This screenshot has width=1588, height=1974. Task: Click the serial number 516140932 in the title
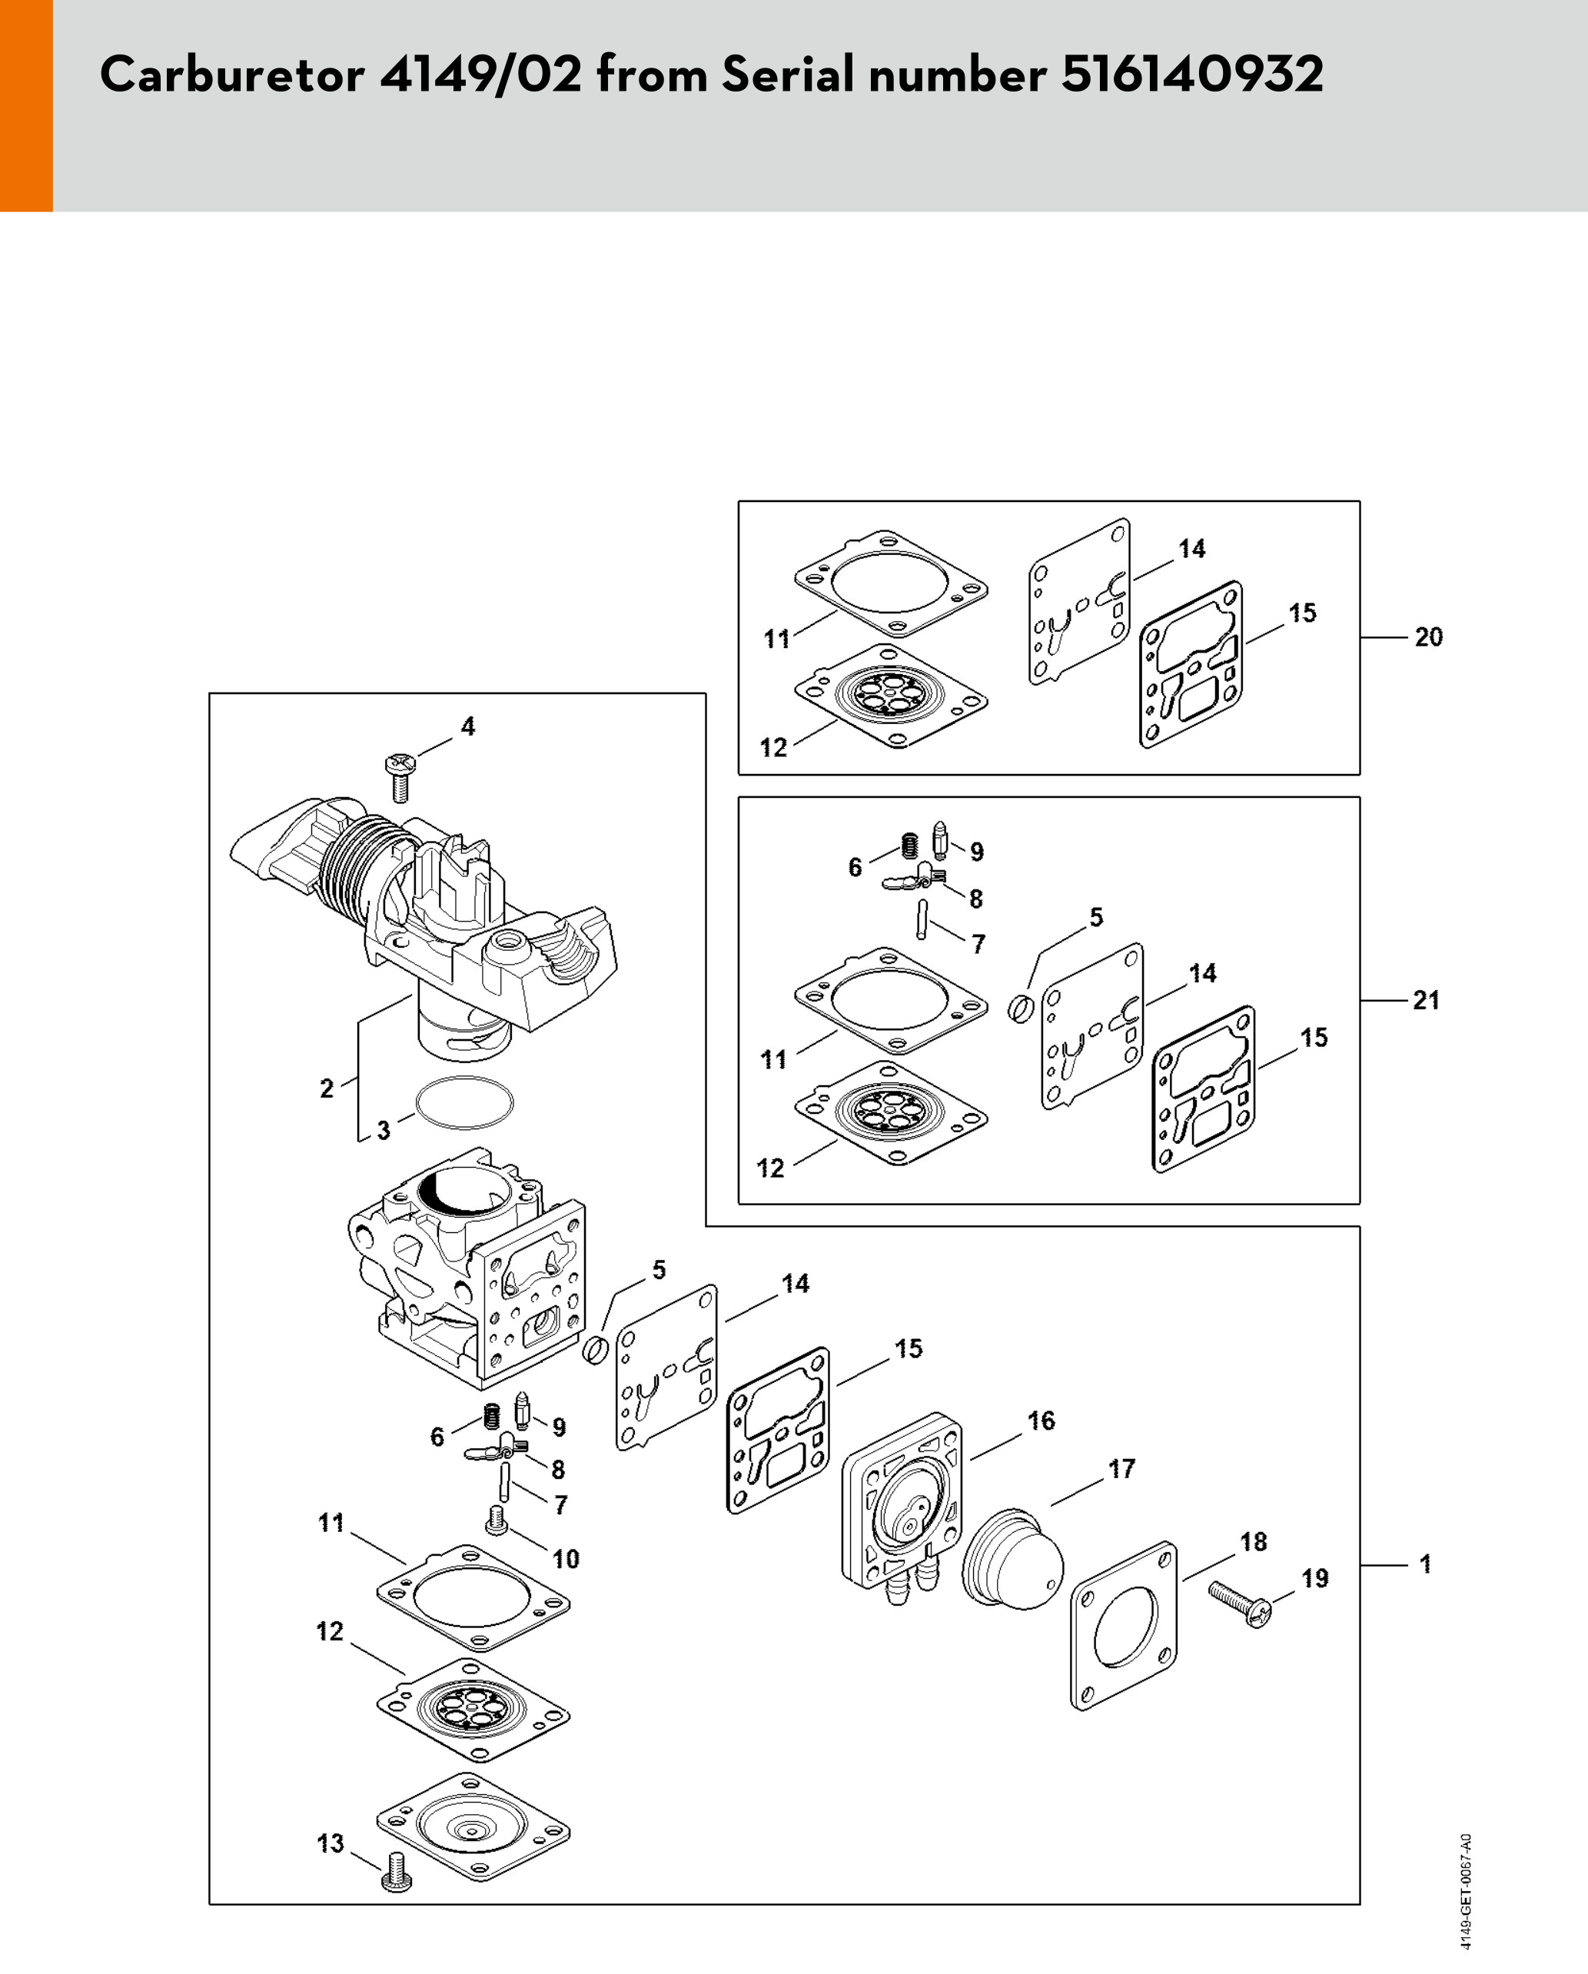(1191, 73)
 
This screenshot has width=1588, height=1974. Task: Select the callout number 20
(1428, 637)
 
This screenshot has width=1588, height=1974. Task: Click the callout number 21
(1426, 1000)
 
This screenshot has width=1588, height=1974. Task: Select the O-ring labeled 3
(464, 1102)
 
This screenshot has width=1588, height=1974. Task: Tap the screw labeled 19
(1241, 1605)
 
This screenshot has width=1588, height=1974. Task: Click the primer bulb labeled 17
(1013, 1557)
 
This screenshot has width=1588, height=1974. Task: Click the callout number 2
(327, 1088)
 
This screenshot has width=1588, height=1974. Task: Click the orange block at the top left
(25, 105)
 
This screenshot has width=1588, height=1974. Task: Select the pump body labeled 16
(902, 1499)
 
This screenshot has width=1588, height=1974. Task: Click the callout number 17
(1121, 1469)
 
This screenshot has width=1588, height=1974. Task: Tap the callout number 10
(566, 1558)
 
